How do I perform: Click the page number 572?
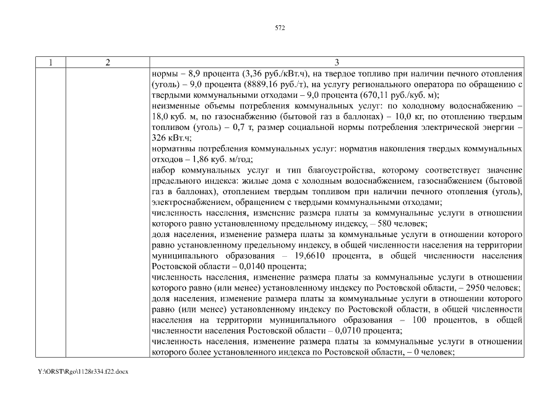(280, 28)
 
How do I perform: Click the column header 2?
(108, 62)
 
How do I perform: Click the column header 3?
(337, 62)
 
